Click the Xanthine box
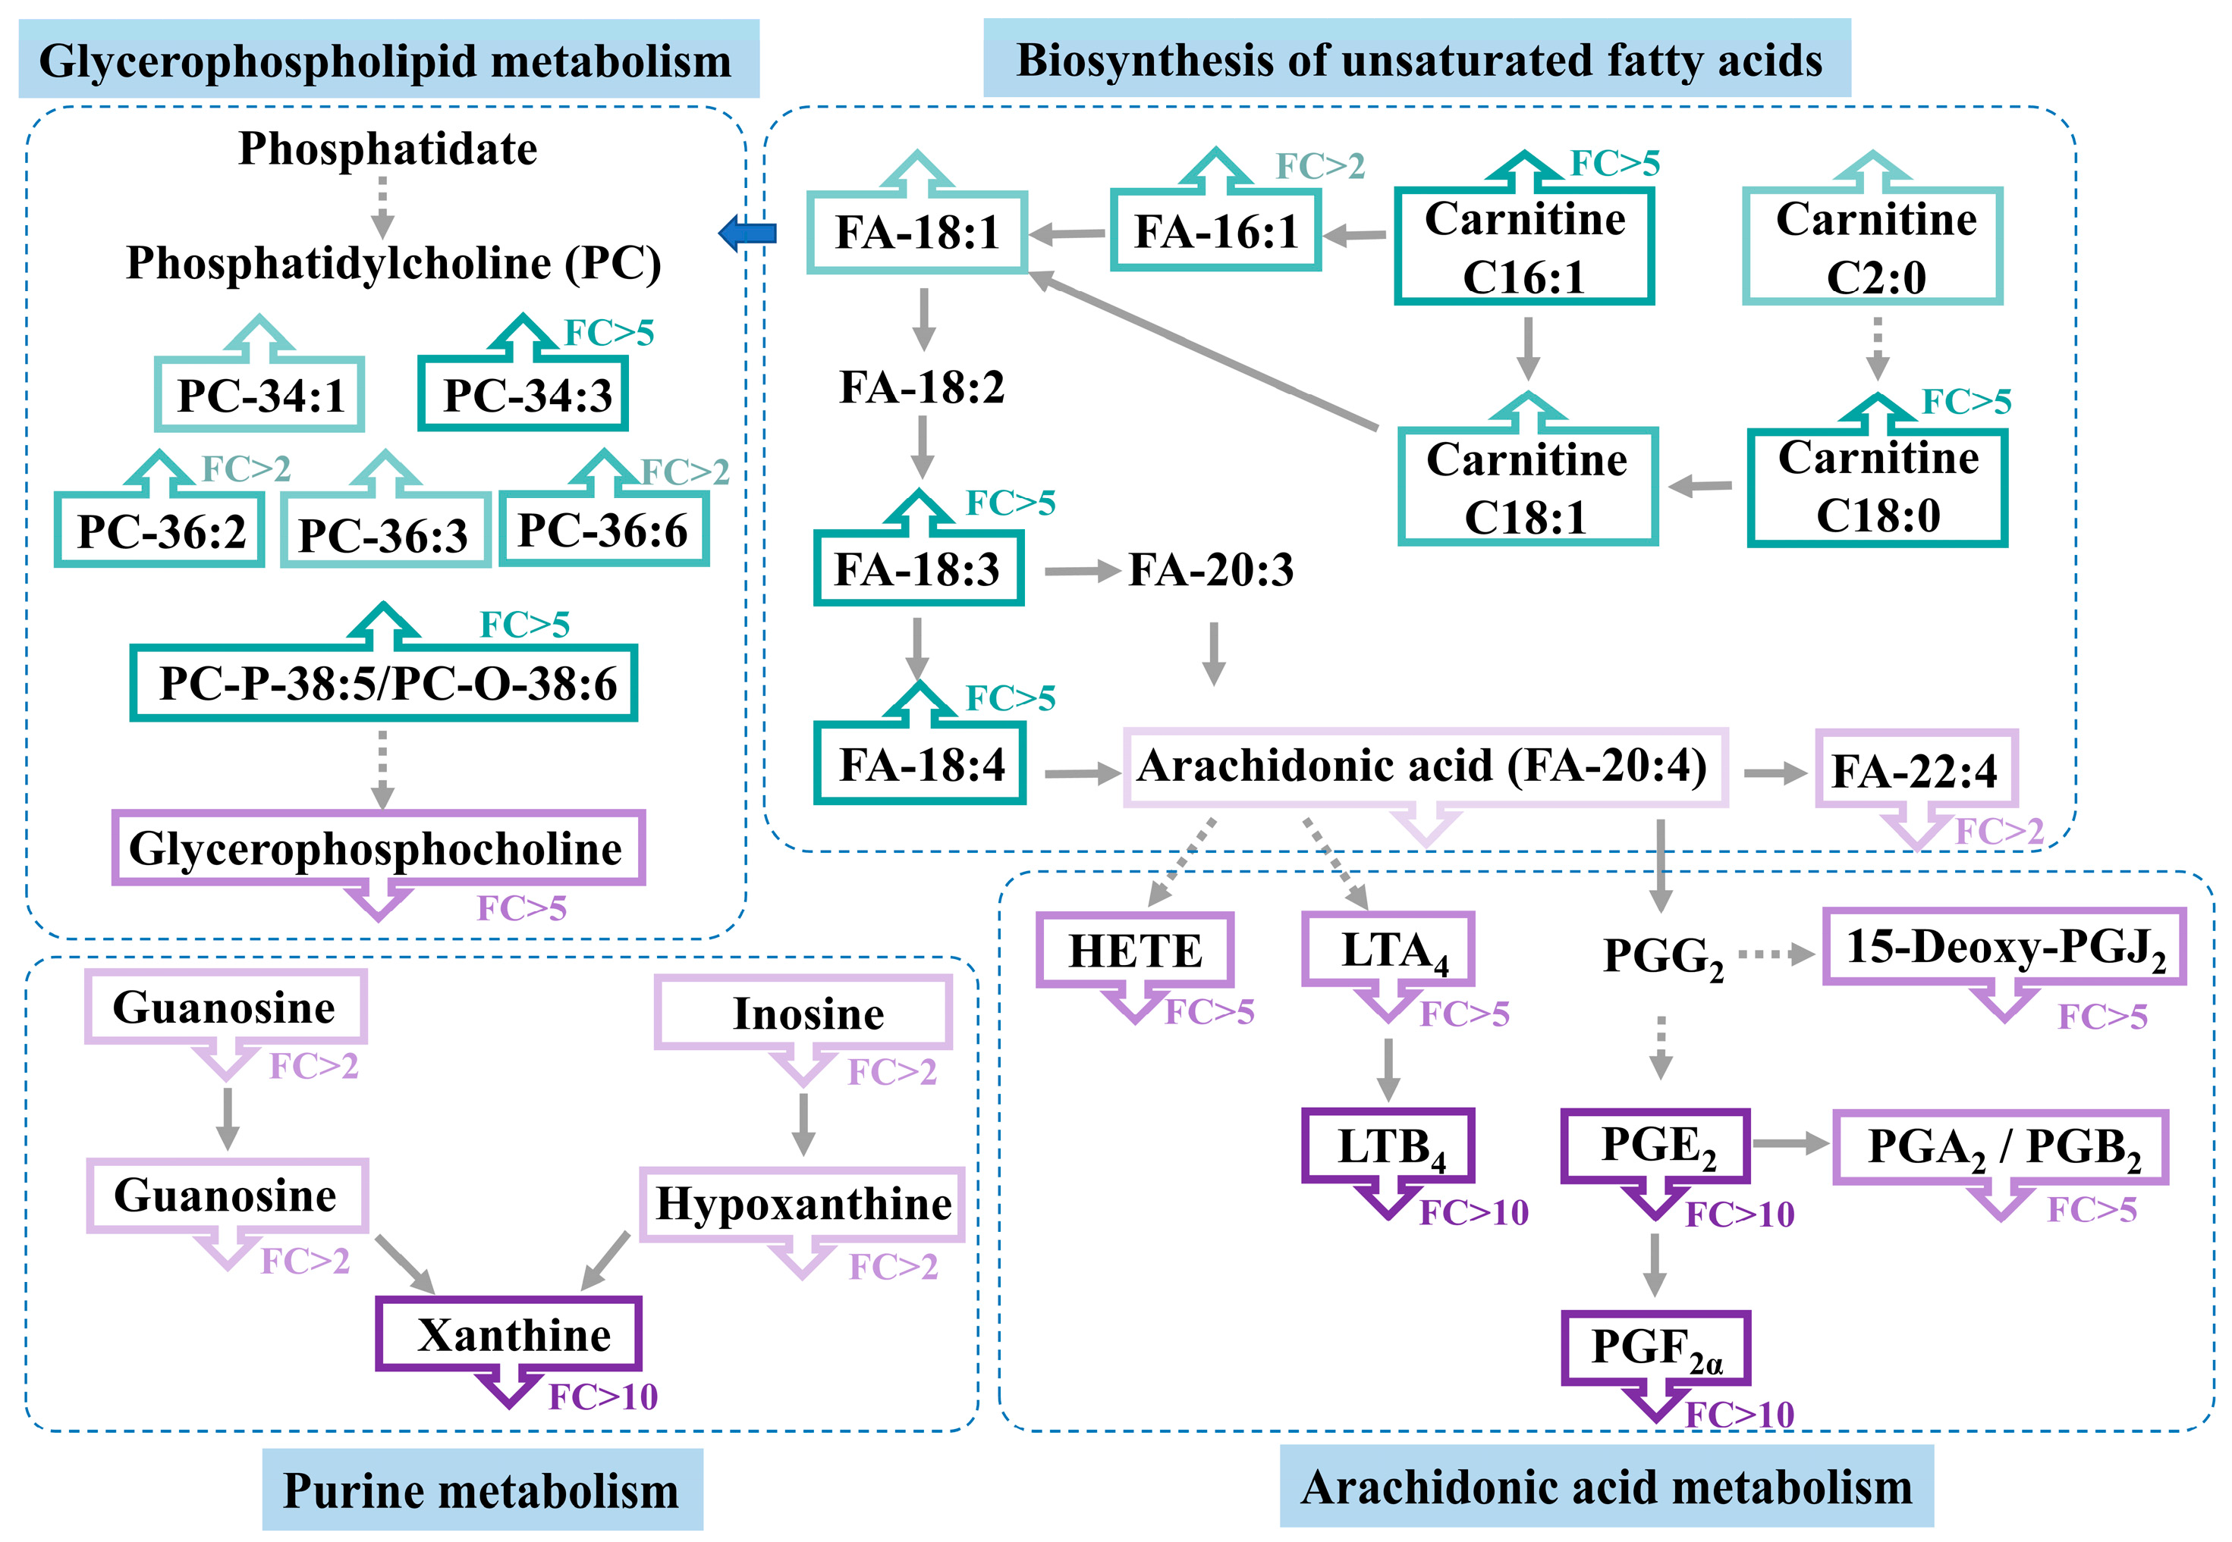pyautogui.click(x=509, y=1334)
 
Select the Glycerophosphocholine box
pyautogui.click(x=378, y=848)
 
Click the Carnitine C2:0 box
pyautogui.click(x=1872, y=247)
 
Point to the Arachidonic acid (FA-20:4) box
pyautogui.click(x=1425, y=767)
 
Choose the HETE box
pyautogui.click(x=1135, y=951)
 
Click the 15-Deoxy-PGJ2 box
pyautogui.click(x=2004, y=947)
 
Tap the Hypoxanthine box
pyautogui.click(x=803, y=1204)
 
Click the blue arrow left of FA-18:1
pyautogui.click(x=748, y=233)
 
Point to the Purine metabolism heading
pyautogui.click(x=482, y=1490)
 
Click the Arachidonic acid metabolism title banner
pyautogui.click(x=1605, y=1487)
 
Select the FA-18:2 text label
pyautogui.click(x=923, y=387)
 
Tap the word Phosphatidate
pyautogui.click(x=388, y=149)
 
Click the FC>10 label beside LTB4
pyautogui.click(x=1474, y=1212)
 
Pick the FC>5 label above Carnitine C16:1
pyautogui.click(x=1614, y=163)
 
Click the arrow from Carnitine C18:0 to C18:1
pyautogui.click(x=1701, y=486)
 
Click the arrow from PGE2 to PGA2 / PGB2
pyautogui.click(x=1790, y=1143)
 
